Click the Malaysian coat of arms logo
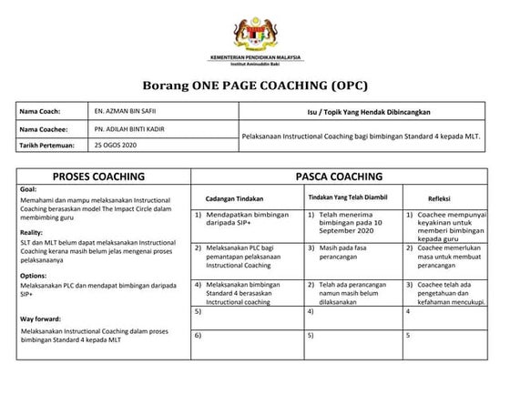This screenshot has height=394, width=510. tap(254, 29)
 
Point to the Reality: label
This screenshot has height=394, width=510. tap(31, 232)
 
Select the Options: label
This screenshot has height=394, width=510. tap(33, 274)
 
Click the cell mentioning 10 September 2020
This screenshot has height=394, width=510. tap(351, 226)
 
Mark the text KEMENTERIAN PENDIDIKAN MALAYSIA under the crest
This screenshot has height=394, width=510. tap(254, 56)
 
